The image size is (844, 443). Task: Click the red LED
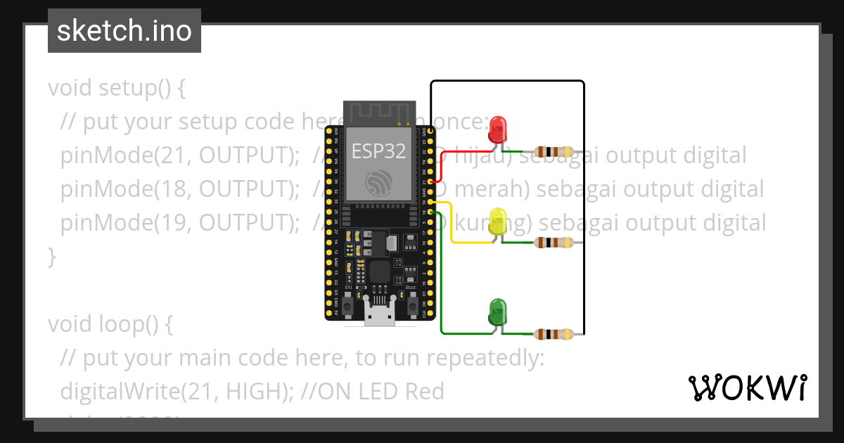tap(498, 129)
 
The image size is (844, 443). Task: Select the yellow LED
tap(498, 222)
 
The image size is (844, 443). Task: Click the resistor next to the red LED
tap(554, 152)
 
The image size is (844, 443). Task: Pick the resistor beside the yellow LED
tap(554, 243)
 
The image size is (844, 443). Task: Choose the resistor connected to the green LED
tap(554, 334)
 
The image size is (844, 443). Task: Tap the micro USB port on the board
tap(379, 316)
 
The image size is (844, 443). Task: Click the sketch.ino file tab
tap(124, 31)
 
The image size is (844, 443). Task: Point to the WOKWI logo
tap(746, 387)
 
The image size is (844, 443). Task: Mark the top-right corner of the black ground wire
tap(583, 82)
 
